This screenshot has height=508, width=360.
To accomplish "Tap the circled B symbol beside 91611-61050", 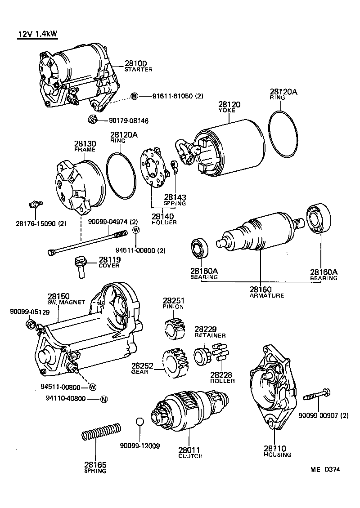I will (134, 96).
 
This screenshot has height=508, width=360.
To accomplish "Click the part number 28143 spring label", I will (175, 197).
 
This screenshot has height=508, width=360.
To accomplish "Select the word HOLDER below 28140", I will (164, 223).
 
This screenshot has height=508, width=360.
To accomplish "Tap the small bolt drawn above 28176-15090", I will (34, 205).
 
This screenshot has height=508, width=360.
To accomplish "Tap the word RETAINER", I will (210, 335).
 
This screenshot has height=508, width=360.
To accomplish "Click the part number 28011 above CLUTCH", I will (190, 450).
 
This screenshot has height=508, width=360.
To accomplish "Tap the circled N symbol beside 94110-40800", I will (103, 399).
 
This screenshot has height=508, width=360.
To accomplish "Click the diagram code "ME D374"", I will (325, 470).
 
